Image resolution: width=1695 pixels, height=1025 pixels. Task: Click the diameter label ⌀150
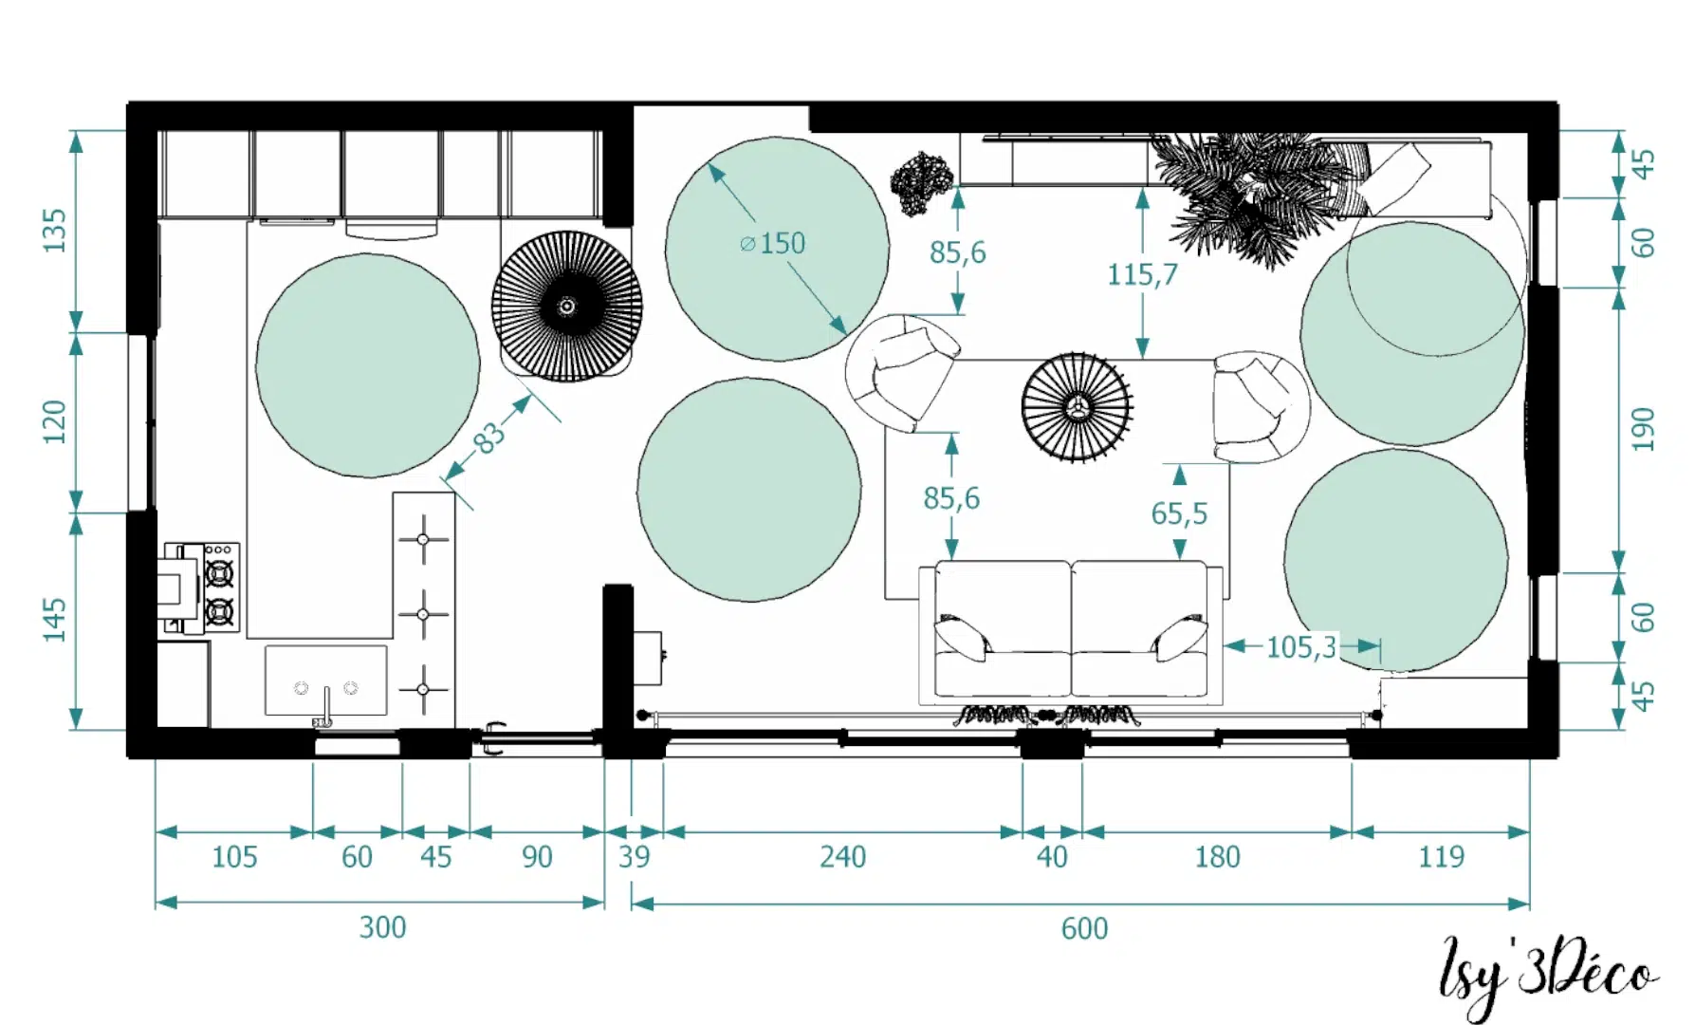(772, 243)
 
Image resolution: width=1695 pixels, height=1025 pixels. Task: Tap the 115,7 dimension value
(1142, 274)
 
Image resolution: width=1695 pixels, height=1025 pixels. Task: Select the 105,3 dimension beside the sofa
(1301, 647)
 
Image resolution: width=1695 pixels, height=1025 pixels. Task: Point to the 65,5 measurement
(1179, 513)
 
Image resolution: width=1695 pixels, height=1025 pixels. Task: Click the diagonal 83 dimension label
(488, 438)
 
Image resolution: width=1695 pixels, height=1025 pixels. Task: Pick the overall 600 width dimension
(1084, 927)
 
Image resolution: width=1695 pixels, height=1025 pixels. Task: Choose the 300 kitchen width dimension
(382, 926)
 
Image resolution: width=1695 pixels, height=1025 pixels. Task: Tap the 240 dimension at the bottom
(842, 856)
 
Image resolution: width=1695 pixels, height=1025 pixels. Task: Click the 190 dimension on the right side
(1643, 430)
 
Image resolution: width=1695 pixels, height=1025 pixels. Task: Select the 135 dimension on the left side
(55, 230)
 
